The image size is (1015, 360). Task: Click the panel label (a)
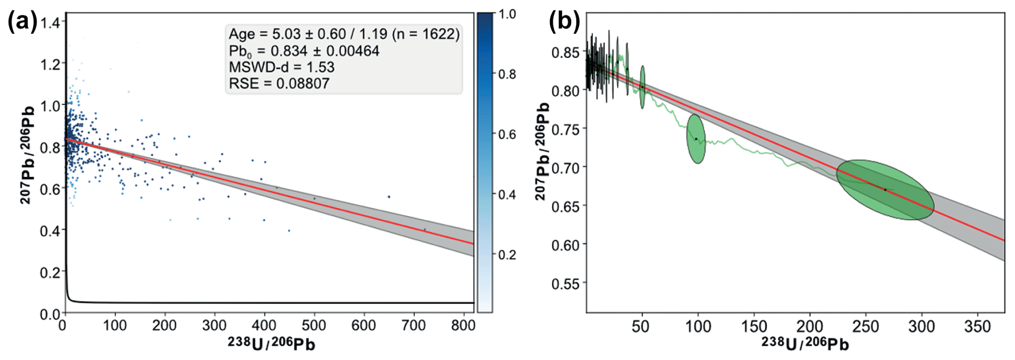click(x=23, y=23)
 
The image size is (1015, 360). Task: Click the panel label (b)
click(x=564, y=22)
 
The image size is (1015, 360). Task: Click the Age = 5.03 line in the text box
click(x=344, y=34)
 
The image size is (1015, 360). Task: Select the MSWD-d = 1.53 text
click(x=281, y=67)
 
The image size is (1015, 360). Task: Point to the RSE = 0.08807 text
click(x=279, y=83)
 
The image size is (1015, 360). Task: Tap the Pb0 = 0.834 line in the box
click(x=304, y=51)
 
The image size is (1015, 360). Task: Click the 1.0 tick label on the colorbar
click(x=507, y=14)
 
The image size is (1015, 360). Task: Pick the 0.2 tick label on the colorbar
click(x=507, y=254)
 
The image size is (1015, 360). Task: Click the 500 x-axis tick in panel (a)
click(x=314, y=325)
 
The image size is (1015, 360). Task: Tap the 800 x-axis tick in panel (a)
click(x=463, y=325)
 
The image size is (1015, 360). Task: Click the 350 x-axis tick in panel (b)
click(x=977, y=326)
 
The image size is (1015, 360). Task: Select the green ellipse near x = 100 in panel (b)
click(x=696, y=138)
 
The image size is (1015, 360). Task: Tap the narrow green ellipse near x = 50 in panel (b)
click(x=642, y=87)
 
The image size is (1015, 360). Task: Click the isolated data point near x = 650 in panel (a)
click(x=389, y=196)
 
